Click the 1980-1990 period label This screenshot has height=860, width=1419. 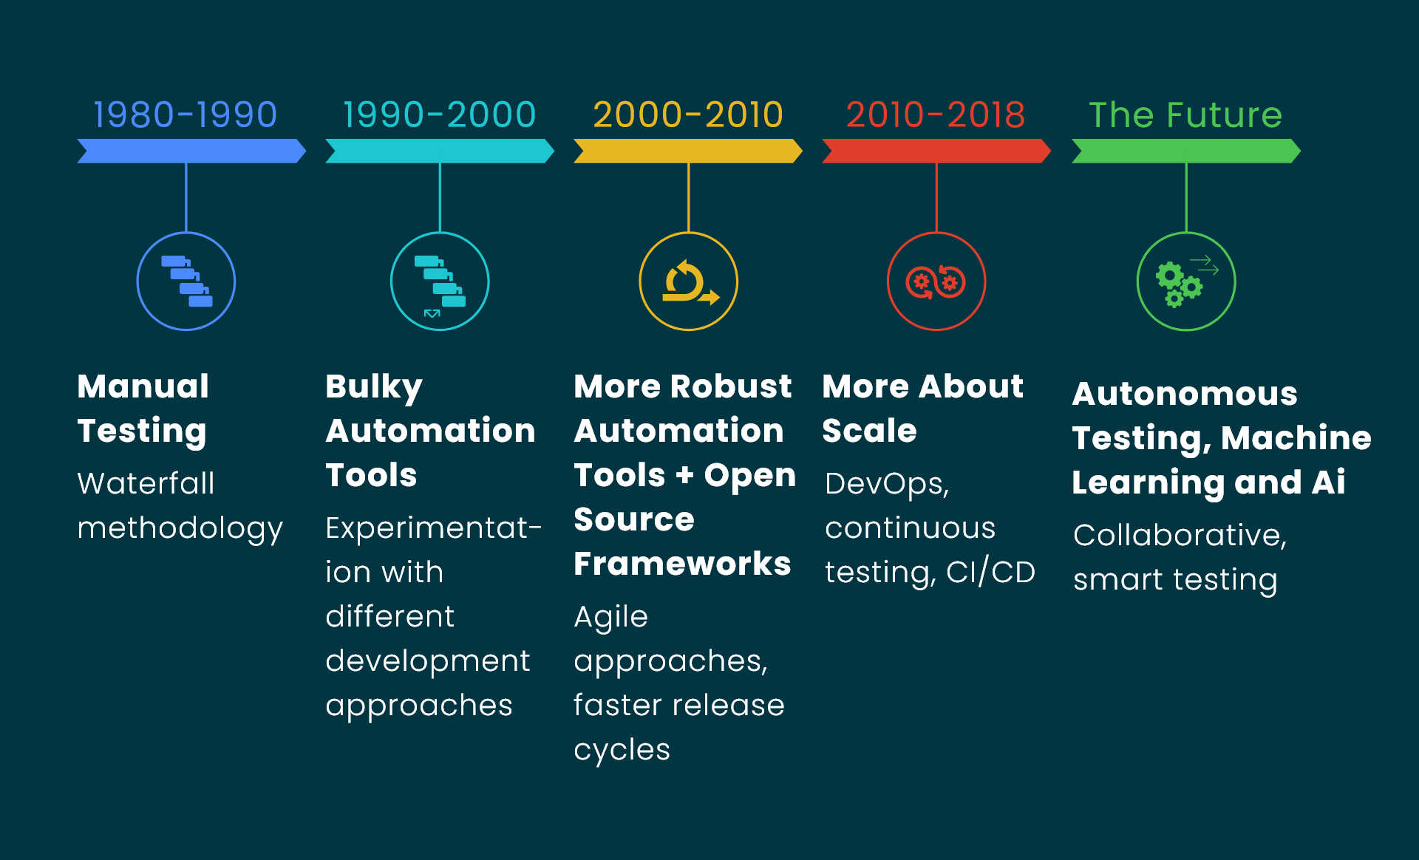click(x=185, y=115)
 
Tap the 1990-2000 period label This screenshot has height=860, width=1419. click(x=439, y=115)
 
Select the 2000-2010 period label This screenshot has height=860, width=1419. click(x=688, y=115)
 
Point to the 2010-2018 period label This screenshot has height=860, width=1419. click(x=936, y=115)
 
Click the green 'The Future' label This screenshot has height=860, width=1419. click(x=1185, y=115)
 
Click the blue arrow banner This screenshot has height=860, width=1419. click(x=191, y=151)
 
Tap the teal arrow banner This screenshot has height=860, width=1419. click(x=440, y=151)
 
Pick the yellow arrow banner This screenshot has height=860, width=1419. click(x=688, y=151)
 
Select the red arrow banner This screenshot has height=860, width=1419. click(x=936, y=151)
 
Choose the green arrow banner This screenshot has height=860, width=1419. click(x=1186, y=151)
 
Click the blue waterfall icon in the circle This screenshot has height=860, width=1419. click(x=187, y=281)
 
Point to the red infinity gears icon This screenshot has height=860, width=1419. click(x=936, y=281)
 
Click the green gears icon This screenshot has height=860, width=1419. click(x=1186, y=281)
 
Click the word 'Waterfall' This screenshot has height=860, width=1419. click(x=146, y=484)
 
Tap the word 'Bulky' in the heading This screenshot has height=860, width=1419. click(x=374, y=388)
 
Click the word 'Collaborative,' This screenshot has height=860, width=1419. click(x=1180, y=536)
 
